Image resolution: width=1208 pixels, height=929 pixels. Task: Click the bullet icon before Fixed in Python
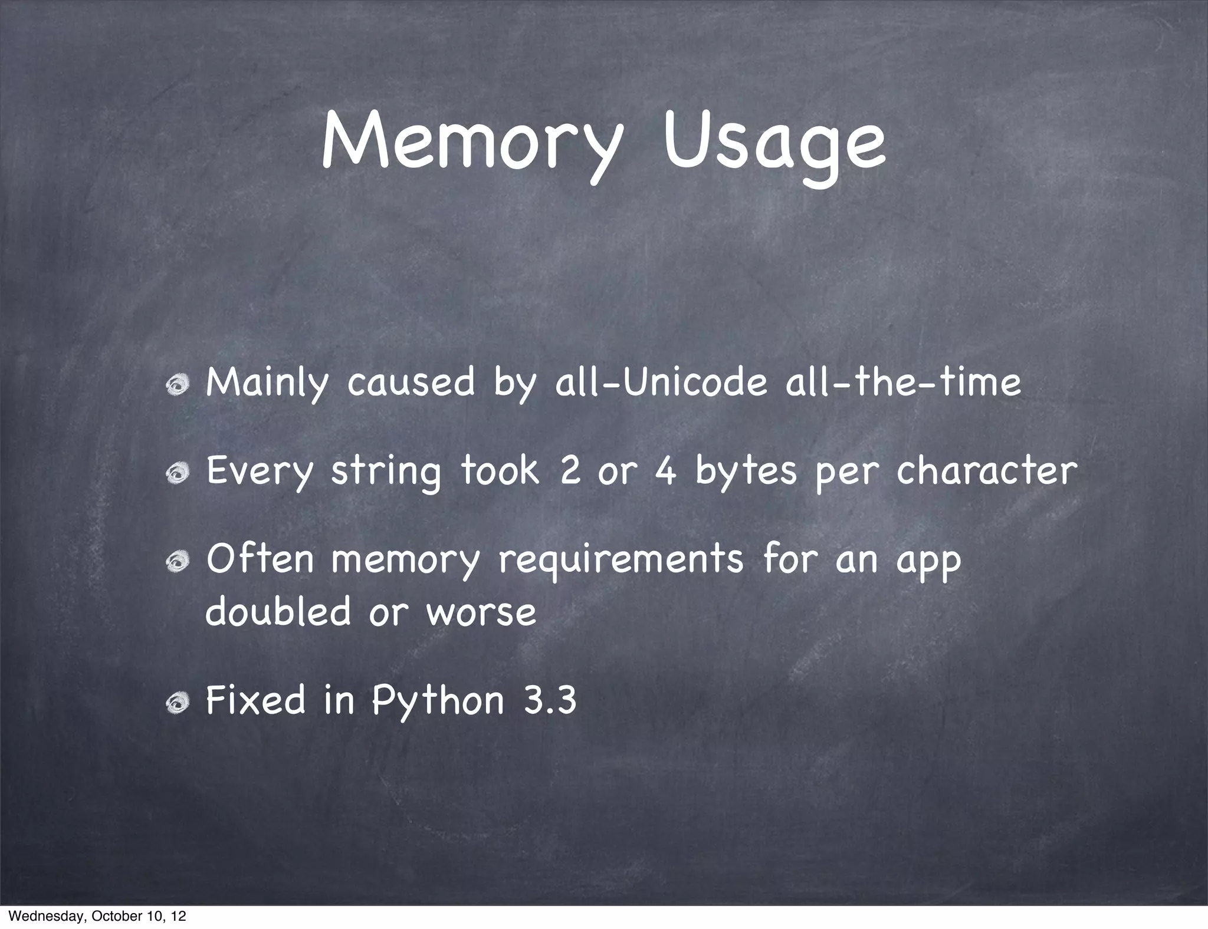(176, 703)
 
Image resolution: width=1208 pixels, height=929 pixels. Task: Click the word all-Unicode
(661, 383)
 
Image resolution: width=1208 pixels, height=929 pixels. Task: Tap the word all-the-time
(903, 383)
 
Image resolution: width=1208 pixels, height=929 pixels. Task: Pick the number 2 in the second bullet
(570, 472)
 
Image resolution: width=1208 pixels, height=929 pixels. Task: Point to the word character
(986, 472)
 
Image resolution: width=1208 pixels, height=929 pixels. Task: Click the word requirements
(621, 561)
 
